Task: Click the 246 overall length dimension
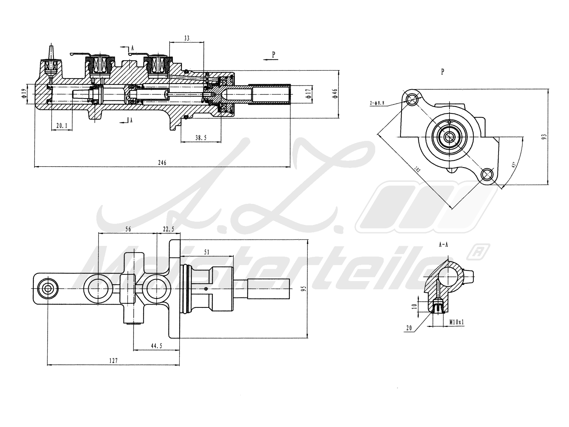point(162,163)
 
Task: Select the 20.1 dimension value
point(62,125)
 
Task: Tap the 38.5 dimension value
point(201,138)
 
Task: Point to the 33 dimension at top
point(187,38)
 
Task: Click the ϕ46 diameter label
point(334,94)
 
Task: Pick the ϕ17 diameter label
point(309,94)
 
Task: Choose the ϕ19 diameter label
point(24,94)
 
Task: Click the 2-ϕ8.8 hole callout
point(377,103)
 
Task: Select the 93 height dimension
point(543,137)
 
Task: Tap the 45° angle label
point(513,165)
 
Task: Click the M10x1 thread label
point(457,322)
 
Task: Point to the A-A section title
point(443,245)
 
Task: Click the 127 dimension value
point(113,360)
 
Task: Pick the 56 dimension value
point(128,230)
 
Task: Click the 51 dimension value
point(207,252)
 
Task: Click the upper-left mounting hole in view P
point(413,99)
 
